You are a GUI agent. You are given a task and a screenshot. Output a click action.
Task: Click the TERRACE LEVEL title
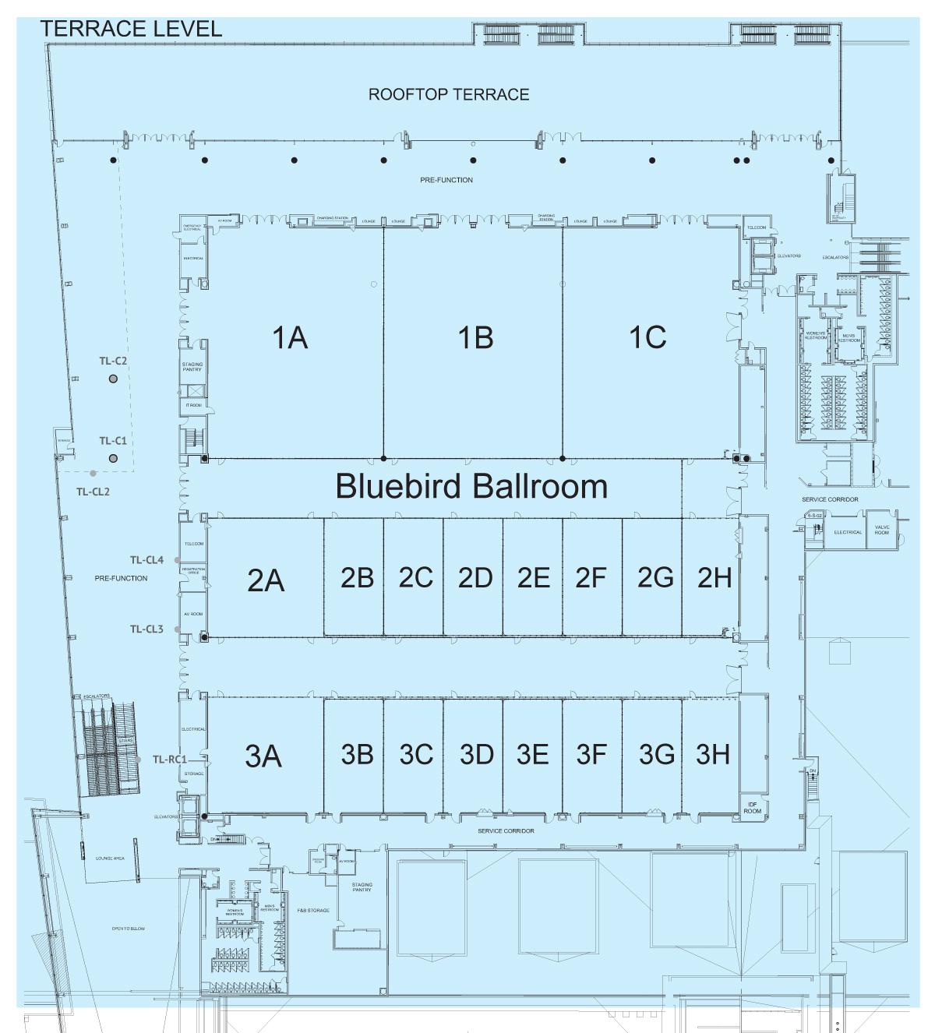(x=131, y=29)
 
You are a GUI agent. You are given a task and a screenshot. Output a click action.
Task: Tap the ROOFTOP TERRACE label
(x=449, y=94)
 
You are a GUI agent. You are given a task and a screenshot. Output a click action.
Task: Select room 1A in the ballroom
(x=290, y=338)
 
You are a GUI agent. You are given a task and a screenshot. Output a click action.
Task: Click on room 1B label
(x=475, y=338)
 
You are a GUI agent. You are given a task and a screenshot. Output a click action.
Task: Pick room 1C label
(x=647, y=337)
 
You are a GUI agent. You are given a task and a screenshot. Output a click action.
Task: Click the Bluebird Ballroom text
(x=471, y=486)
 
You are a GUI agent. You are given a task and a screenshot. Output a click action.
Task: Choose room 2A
(x=266, y=580)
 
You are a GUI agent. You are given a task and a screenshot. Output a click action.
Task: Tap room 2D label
(x=475, y=578)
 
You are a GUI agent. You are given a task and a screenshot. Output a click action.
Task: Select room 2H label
(x=714, y=578)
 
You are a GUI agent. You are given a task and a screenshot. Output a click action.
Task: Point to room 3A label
(x=263, y=756)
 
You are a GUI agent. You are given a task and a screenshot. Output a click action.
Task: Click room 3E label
(x=533, y=754)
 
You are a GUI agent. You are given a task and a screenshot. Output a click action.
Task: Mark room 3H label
(x=713, y=754)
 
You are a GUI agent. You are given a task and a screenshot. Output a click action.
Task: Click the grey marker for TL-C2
(x=113, y=379)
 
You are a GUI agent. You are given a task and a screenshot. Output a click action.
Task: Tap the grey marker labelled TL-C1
(x=113, y=458)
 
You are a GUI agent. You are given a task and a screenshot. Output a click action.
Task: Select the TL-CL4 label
(x=146, y=560)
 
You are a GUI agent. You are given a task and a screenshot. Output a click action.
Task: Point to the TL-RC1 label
(x=169, y=760)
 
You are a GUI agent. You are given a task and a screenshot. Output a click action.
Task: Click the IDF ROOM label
(x=752, y=808)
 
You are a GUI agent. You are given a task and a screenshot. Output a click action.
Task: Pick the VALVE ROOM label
(x=882, y=530)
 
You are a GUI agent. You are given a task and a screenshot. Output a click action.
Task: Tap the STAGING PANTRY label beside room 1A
(x=192, y=367)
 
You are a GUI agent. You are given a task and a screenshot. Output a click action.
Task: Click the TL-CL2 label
(x=93, y=492)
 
